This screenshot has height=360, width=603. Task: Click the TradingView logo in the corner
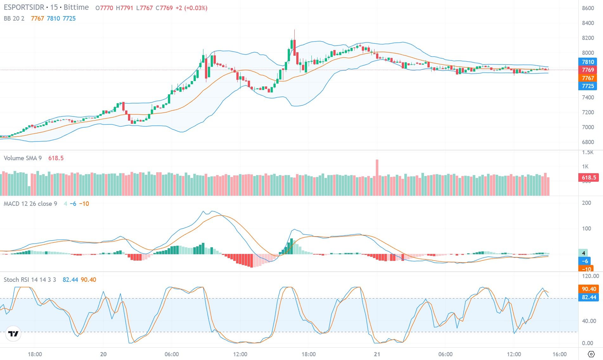pos(13,334)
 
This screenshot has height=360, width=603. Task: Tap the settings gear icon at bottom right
pos(591,354)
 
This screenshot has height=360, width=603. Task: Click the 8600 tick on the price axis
pos(588,8)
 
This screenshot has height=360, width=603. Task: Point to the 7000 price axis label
pos(588,127)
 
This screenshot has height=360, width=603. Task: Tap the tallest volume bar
pos(377,177)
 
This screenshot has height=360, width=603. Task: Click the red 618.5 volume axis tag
pos(588,178)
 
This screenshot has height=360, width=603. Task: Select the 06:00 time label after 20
pos(171,354)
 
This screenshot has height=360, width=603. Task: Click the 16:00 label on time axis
pos(560,354)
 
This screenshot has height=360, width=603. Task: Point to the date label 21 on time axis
pos(377,354)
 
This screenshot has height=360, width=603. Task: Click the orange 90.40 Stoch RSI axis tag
pos(588,289)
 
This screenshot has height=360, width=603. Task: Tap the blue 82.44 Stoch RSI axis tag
pos(588,297)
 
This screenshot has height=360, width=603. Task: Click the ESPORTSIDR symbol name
pos(24,8)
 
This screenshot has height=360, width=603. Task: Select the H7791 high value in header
pos(124,8)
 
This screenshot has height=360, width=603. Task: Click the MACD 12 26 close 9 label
pos(30,204)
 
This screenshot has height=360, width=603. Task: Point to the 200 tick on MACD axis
pos(587,203)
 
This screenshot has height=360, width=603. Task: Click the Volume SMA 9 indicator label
pos(22,158)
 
